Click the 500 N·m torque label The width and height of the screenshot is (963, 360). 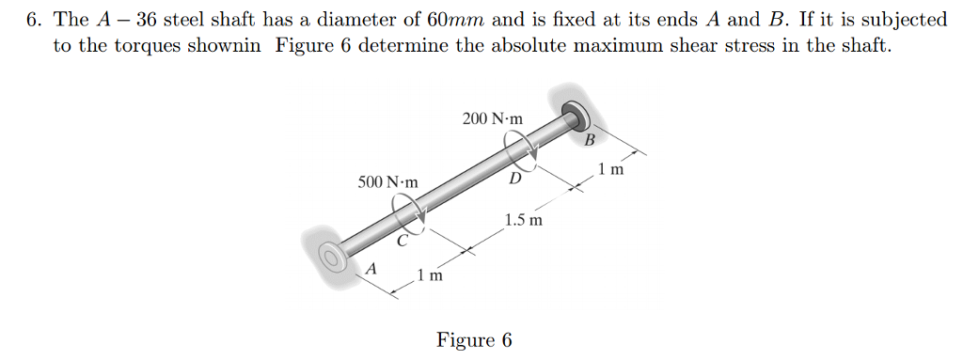(x=388, y=180)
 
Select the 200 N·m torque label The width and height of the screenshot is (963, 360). (x=495, y=118)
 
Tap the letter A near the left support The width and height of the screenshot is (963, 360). (x=371, y=268)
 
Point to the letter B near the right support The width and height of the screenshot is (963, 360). (x=590, y=141)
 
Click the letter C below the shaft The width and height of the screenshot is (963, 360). (x=402, y=242)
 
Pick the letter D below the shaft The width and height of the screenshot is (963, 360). (x=514, y=179)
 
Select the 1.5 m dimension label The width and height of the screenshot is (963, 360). (x=523, y=221)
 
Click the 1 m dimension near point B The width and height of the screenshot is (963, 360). (x=610, y=171)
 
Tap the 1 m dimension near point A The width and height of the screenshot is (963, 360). (x=431, y=276)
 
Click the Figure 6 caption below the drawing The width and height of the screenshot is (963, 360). (x=474, y=339)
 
